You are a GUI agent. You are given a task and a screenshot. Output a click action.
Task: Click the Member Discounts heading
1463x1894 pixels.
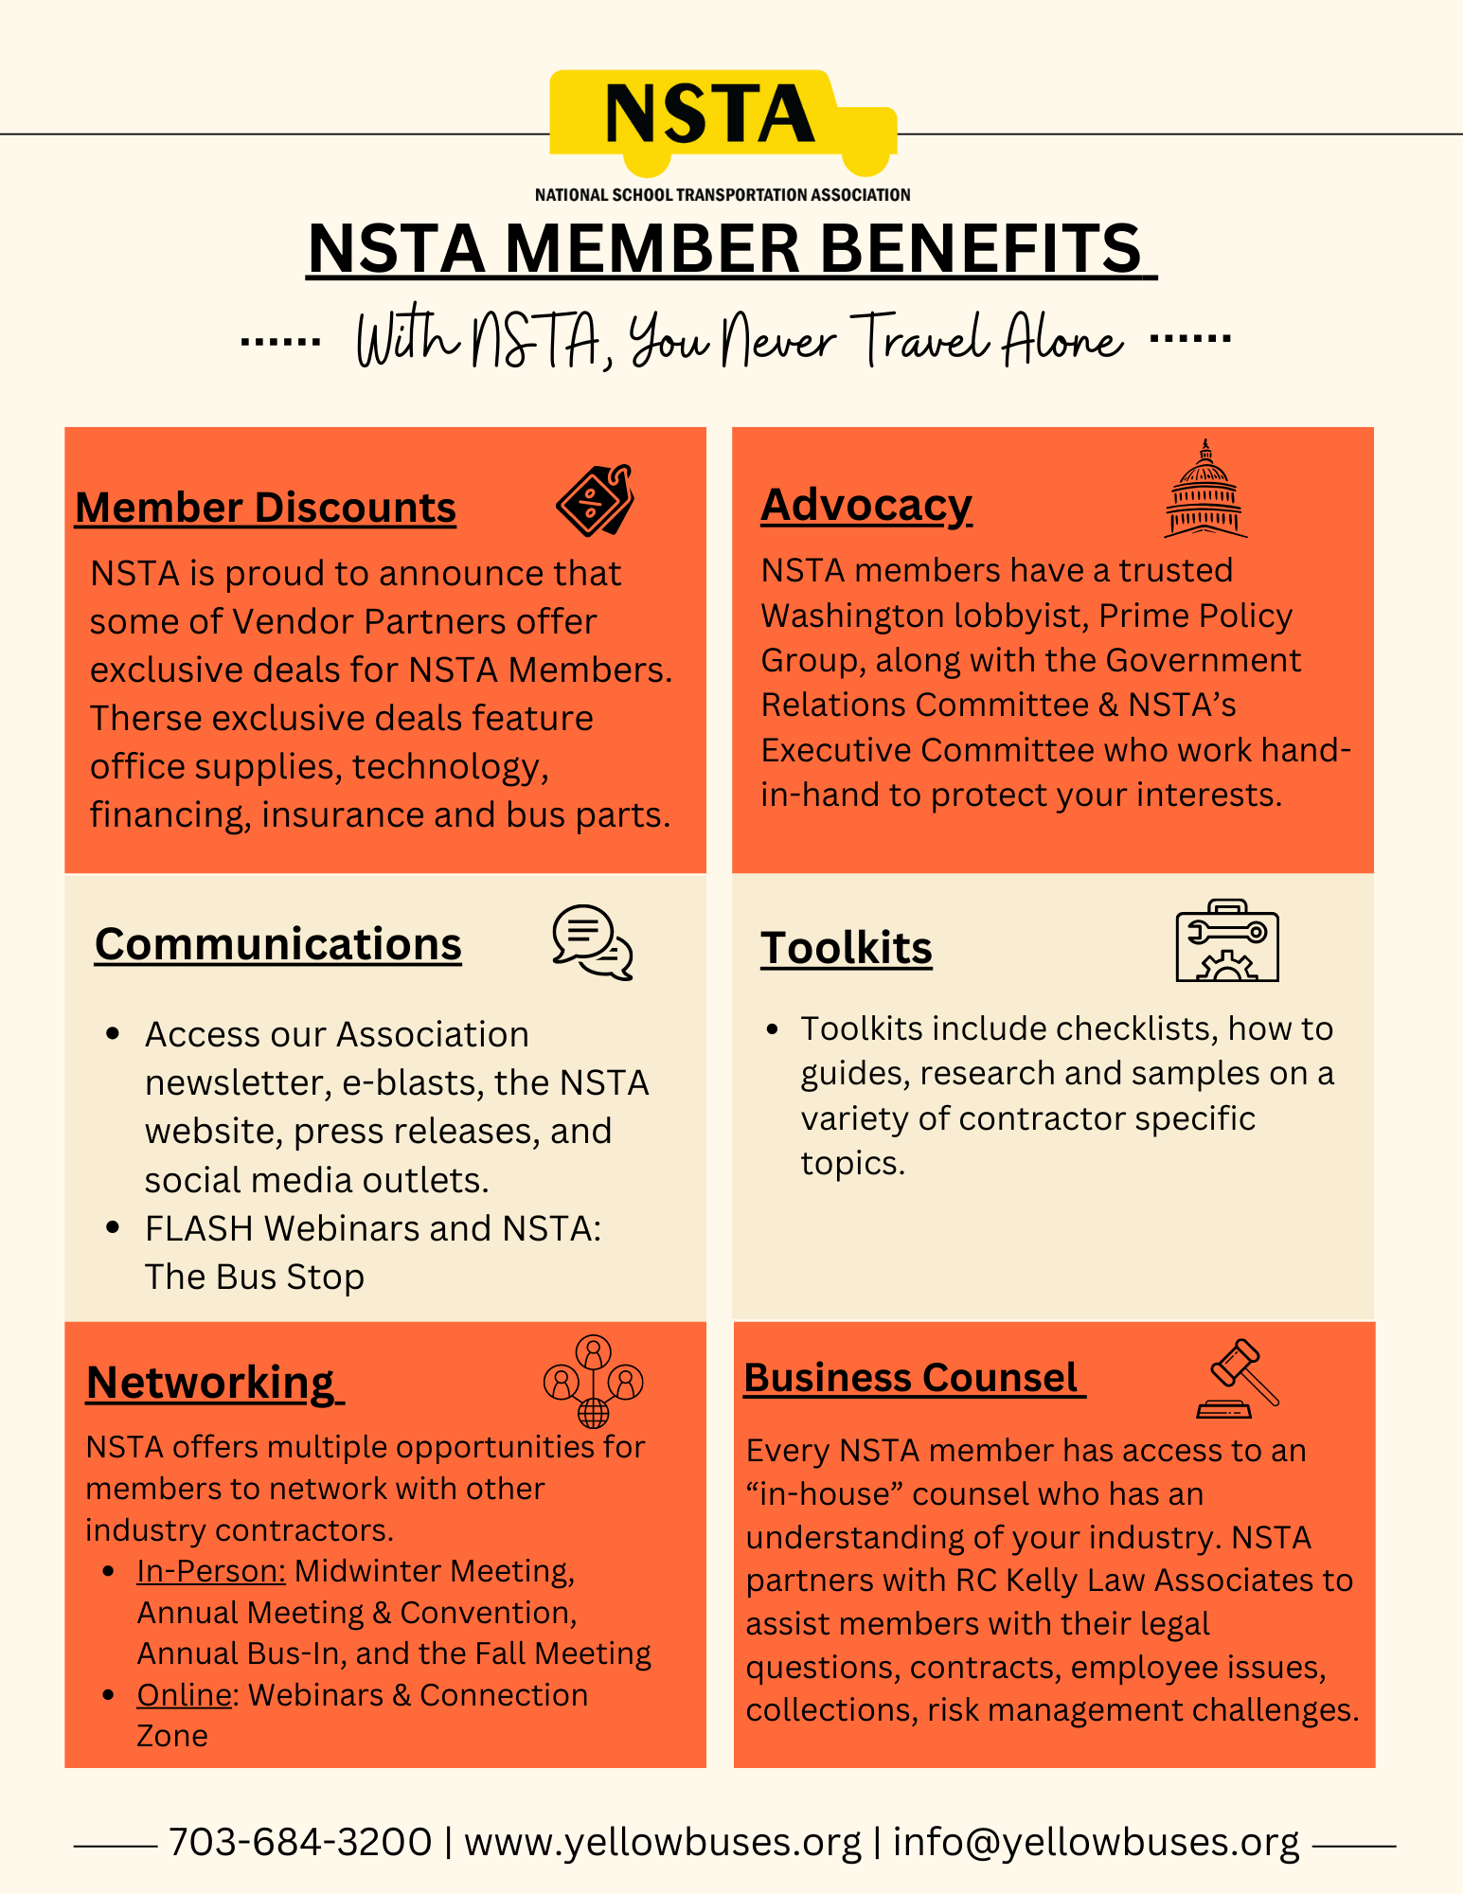click(x=265, y=508)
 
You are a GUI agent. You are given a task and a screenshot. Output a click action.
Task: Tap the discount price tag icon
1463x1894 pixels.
click(x=595, y=499)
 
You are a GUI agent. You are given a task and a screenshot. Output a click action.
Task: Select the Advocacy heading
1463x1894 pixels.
click(x=866, y=505)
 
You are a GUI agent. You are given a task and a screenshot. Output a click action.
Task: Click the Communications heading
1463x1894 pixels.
click(x=277, y=944)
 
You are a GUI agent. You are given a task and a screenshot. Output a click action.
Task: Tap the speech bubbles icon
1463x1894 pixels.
click(x=593, y=941)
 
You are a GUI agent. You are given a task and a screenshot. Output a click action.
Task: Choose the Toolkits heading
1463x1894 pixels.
click(x=847, y=948)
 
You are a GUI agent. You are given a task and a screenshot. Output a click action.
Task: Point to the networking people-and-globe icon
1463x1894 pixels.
click(x=594, y=1381)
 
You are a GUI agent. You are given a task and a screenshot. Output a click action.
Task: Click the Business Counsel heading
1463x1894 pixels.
click(x=911, y=1378)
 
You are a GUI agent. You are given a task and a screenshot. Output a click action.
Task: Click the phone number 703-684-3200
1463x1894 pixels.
click(x=300, y=1843)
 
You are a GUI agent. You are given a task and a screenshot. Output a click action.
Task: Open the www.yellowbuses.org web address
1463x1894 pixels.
click(x=663, y=1843)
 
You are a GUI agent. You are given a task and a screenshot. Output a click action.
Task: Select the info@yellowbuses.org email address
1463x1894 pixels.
click(x=1096, y=1843)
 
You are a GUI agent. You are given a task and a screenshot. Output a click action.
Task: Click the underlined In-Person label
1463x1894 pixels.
click(x=211, y=1571)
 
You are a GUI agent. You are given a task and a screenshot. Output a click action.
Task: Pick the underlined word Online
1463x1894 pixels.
click(x=185, y=1695)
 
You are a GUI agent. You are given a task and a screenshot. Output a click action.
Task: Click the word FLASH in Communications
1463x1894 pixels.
click(x=200, y=1228)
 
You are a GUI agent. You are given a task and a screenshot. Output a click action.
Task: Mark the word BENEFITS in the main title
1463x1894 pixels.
click(x=980, y=248)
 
